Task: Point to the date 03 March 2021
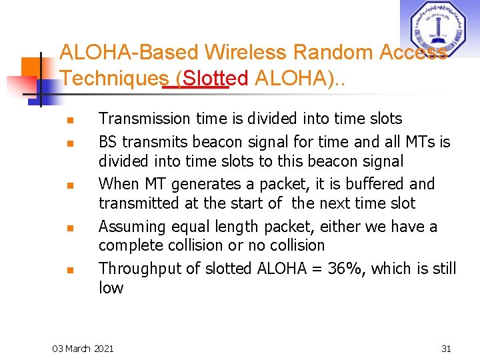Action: (83, 348)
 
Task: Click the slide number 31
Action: (446, 348)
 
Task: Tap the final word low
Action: (111, 288)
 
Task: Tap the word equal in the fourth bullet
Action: (197, 227)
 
